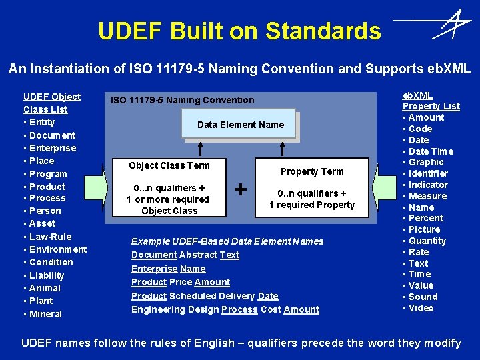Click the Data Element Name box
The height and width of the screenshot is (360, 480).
(x=240, y=125)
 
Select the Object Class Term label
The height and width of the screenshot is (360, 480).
(x=169, y=165)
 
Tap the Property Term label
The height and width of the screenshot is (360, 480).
(x=312, y=171)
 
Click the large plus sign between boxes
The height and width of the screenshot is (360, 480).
(x=241, y=189)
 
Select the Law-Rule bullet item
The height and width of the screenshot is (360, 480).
(x=50, y=237)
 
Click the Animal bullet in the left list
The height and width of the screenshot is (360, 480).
(x=45, y=288)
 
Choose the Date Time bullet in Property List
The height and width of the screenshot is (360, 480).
(x=431, y=151)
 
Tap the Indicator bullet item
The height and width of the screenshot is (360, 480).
(x=428, y=185)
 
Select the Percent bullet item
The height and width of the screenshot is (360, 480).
(x=426, y=218)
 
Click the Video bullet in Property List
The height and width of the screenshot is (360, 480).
(x=421, y=308)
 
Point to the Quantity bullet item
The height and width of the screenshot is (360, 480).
(x=427, y=241)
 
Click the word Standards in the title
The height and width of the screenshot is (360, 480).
(x=323, y=31)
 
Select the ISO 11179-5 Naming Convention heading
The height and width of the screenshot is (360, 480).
(x=182, y=100)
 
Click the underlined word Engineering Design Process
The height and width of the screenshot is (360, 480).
(x=239, y=309)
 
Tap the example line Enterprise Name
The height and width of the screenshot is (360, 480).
(x=168, y=269)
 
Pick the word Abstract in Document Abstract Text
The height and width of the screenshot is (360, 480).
(x=199, y=255)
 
